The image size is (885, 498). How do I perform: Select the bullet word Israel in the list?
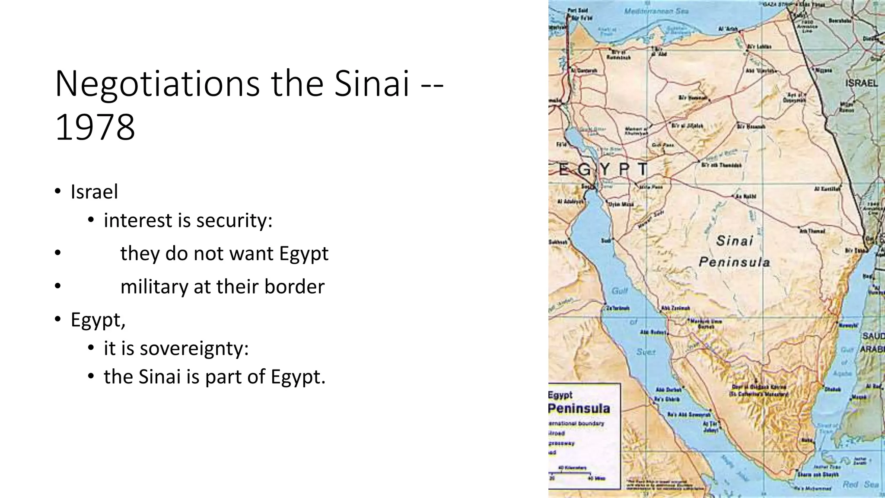pyautogui.click(x=94, y=192)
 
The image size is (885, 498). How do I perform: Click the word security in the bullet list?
pyautogui.click(x=234, y=220)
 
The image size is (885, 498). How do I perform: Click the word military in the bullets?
pyautogui.click(x=154, y=287)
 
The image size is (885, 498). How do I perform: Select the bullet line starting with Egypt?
pyautogui.click(x=98, y=320)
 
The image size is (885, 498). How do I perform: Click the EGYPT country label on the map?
pyautogui.click(x=603, y=169)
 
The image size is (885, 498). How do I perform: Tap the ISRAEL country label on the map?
pyautogui.click(x=861, y=83)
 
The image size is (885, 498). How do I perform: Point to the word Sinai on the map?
pyautogui.click(x=735, y=241)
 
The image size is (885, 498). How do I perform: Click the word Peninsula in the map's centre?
pyautogui.click(x=734, y=262)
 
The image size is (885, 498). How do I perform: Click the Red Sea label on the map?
pyautogui.click(x=860, y=485)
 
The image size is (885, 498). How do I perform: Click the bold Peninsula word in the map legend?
pyautogui.click(x=579, y=408)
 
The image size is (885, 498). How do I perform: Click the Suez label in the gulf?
pyautogui.click(x=646, y=352)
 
